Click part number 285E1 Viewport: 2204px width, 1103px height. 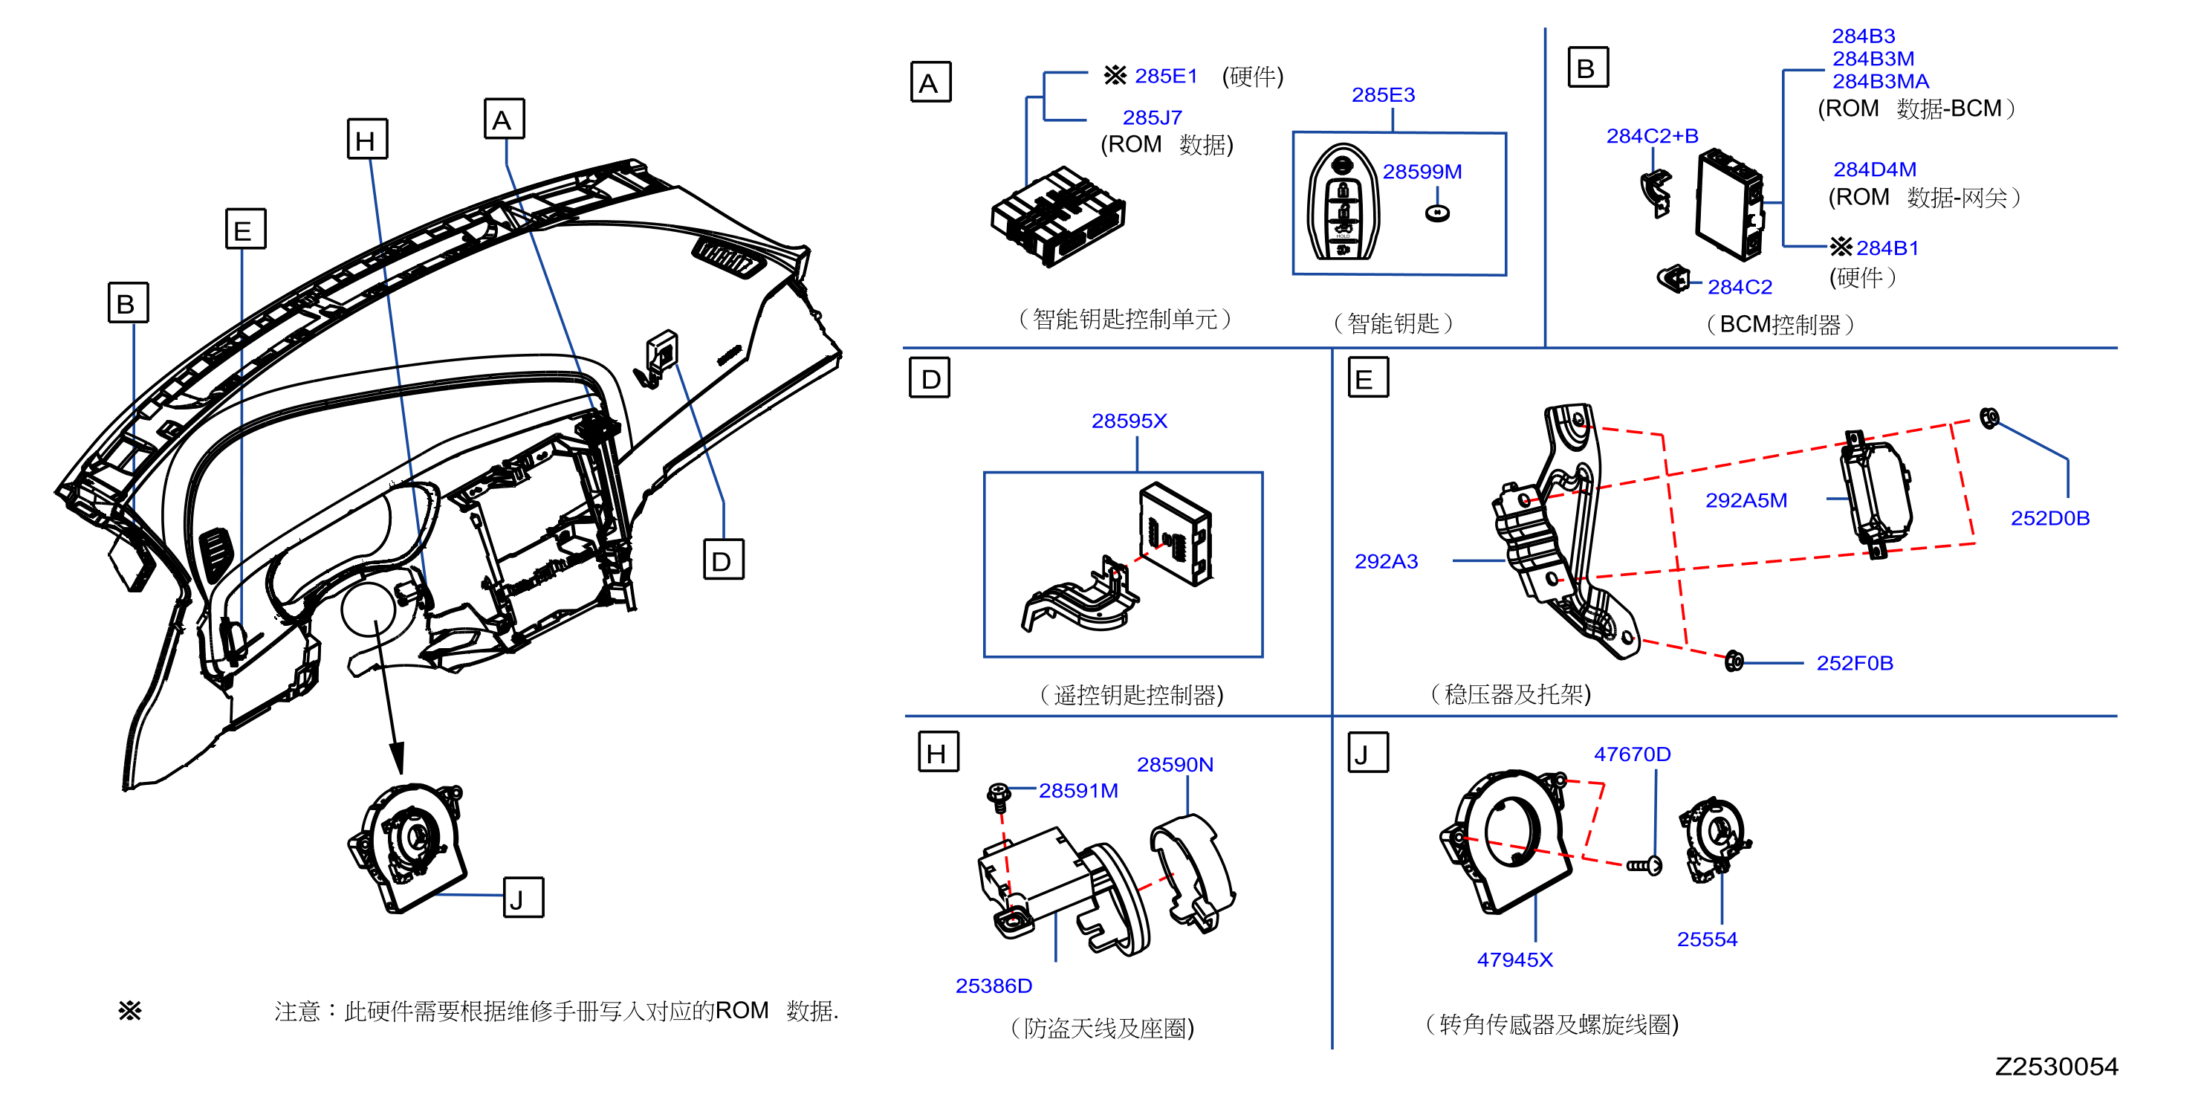(1165, 76)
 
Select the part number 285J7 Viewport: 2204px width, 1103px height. (1152, 117)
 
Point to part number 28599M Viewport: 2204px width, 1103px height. (1422, 171)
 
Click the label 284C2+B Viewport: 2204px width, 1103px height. (1652, 135)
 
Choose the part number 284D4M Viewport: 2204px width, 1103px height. (1874, 169)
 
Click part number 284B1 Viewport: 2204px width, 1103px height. (1887, 248)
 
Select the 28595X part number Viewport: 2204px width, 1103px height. (1129, 421)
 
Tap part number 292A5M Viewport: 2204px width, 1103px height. (1746, 500)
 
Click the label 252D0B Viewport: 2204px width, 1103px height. (2049, 518)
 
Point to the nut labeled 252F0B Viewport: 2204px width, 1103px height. (1734, 661)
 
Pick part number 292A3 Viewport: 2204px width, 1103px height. (1385, 561)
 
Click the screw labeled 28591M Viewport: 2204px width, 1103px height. (999, 796)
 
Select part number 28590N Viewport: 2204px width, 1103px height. (1175, 764)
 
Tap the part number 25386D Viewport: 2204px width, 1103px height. (994, 986)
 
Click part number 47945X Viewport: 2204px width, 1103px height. (1514, 960)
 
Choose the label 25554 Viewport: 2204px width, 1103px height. (1707, 939)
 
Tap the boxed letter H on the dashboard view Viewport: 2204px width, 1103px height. (367, 140)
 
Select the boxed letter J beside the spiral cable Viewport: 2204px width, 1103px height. (524, 898)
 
